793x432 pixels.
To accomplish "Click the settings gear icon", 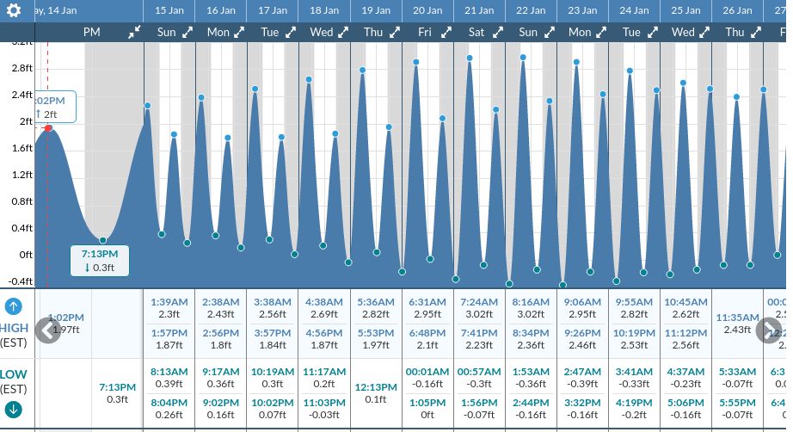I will pyautogui.click(x=14, y=10).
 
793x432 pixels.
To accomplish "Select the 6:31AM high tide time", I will pyautogui.click(x=427, y=302).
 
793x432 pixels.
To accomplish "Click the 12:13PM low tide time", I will pyautogui.click(x=376, y=386).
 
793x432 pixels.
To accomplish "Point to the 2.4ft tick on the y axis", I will pyautogui.click(x=21, y=95).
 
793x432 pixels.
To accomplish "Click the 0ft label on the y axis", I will pyautogui.click(x=25, y=255).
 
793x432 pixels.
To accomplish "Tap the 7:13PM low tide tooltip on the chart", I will pyautogui.click(x=99, y=261).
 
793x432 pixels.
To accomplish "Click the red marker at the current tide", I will pyautogui.click(x=48, y=128).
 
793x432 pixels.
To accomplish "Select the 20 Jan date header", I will pyautogui.click(x=427, y=10).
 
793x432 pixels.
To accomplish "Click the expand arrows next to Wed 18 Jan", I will pyautogui.click(x=343, y=32).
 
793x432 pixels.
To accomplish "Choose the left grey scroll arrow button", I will pyautogui.click(x=48, y=330).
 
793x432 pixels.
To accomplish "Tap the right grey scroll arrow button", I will pyautogui.click(x=768, y=330).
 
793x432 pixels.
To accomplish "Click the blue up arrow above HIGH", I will pyautogui.click(x=14, y=306).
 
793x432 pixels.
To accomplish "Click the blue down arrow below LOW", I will pyautogui.click(x=14, y=409).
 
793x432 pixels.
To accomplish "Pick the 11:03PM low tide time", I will pyautogui.click(x=324, y=402).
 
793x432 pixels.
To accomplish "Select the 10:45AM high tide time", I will pyautogui.click(x=685, y=302).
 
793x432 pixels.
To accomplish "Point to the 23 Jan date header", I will pyautogui.click(x=582, y=10).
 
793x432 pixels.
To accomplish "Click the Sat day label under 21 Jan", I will pyautogui.click(x=476, y=32).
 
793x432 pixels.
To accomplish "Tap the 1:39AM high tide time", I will pyautogui.click(x=169, y=302).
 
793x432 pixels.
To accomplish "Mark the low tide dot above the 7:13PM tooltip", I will pyautogui.click(x=102, y=240).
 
